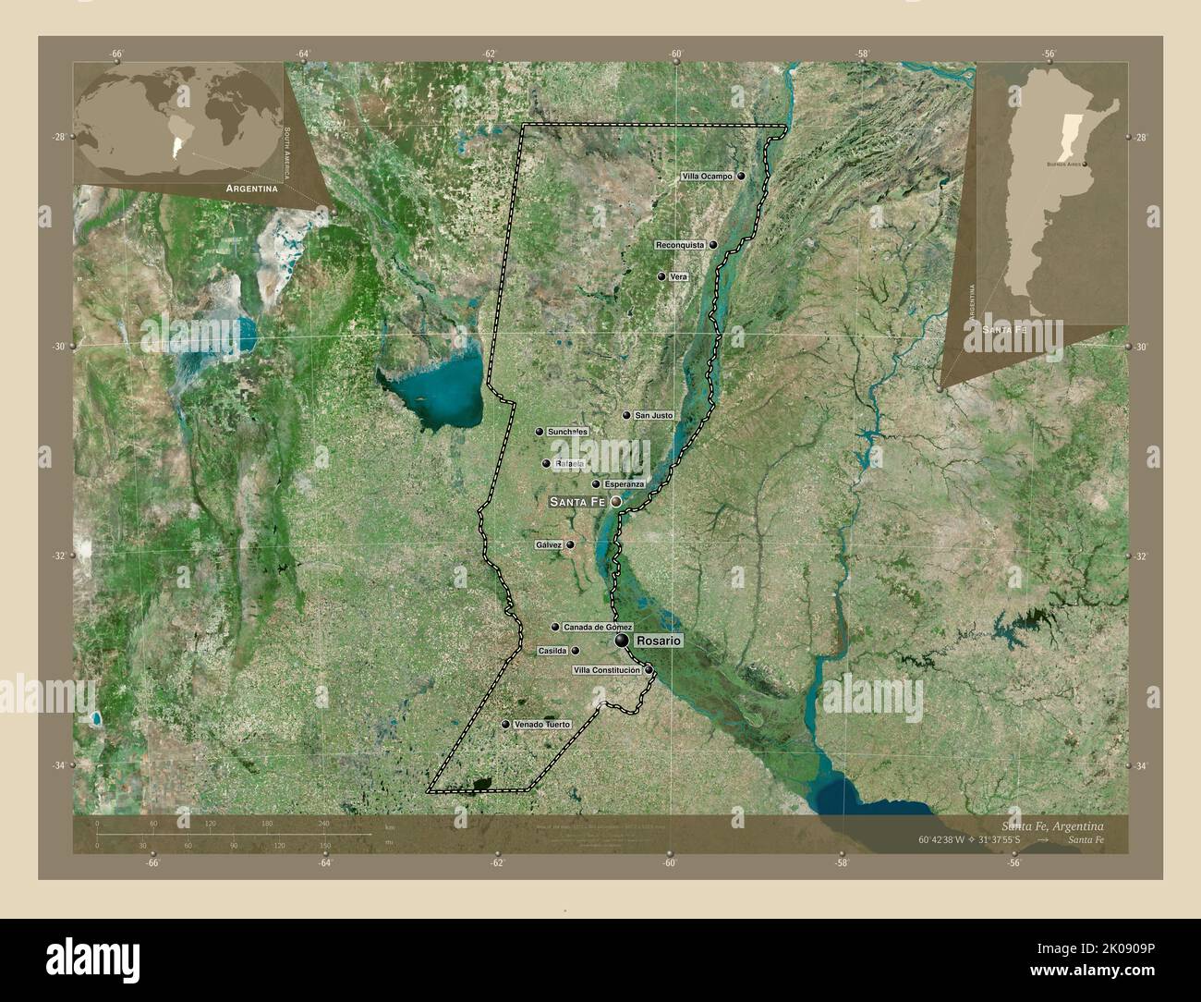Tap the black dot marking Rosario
[623, 641]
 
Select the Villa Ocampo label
[707, 176]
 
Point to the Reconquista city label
[680, 245]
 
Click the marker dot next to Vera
[661, 276]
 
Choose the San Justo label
[654, 416]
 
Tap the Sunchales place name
[567, 432]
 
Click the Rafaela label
[571, 463]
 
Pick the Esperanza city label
[624, 484]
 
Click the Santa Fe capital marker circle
[615, 502]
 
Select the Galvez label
[548, 545]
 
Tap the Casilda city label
[552, 651]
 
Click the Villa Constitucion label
[607, 669]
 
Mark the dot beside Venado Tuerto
[505, 725]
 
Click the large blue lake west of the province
[434, 388]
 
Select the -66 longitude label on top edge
[116, 55]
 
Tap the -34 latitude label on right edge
[1140, 766]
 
